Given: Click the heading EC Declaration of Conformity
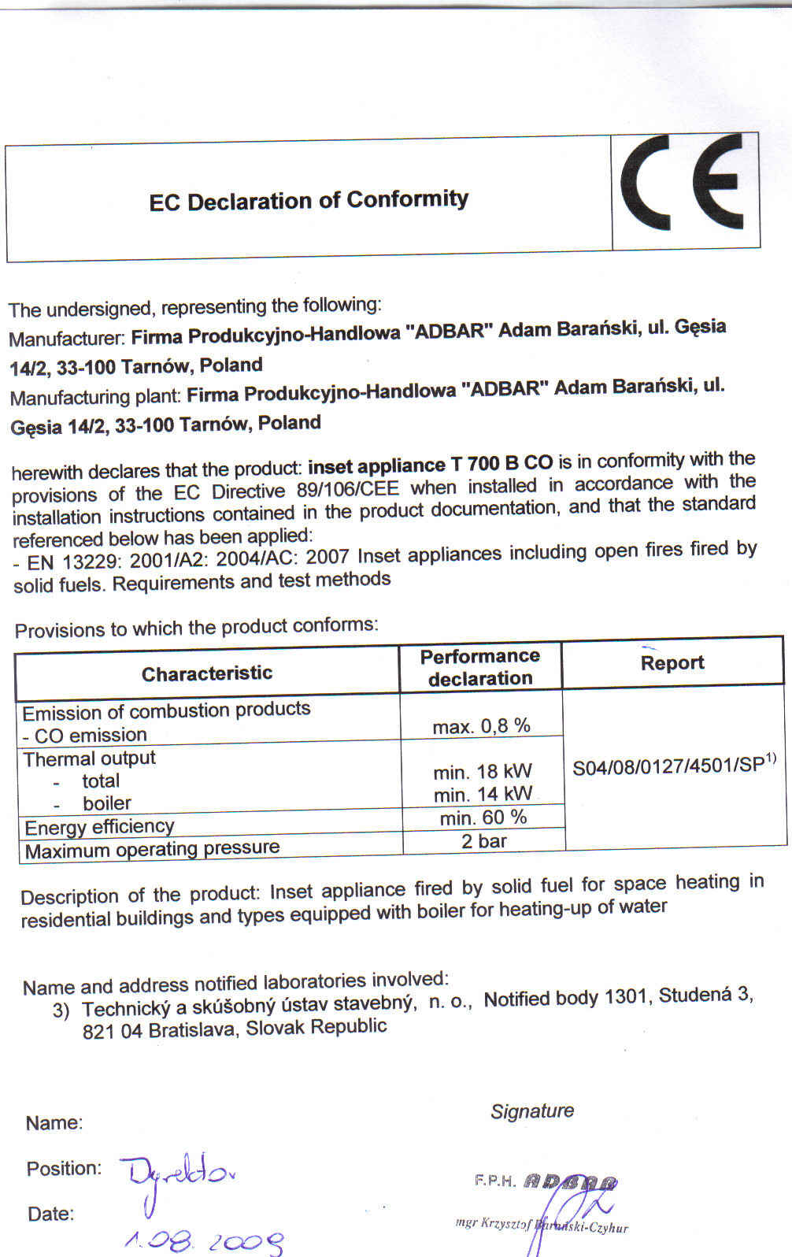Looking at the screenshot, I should (x=309, y=200).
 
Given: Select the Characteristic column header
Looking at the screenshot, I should (x=207, y=673).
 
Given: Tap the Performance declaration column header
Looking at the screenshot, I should (x=480, y=667).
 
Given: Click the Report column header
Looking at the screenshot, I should (x=672, y=662).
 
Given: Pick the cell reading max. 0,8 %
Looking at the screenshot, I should (x=482, y=726).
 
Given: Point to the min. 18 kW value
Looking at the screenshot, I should (x=483, y=771).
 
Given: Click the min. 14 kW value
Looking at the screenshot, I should (x=483, y=794).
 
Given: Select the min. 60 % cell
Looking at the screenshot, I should (x=483, y=818).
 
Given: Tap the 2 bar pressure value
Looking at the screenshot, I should (x=484, y=841).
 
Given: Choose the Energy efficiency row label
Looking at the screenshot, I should (x=99, y=827).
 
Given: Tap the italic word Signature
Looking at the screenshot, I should (x=532, y=1111).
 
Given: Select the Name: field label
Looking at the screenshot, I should (x=54, y=1123).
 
